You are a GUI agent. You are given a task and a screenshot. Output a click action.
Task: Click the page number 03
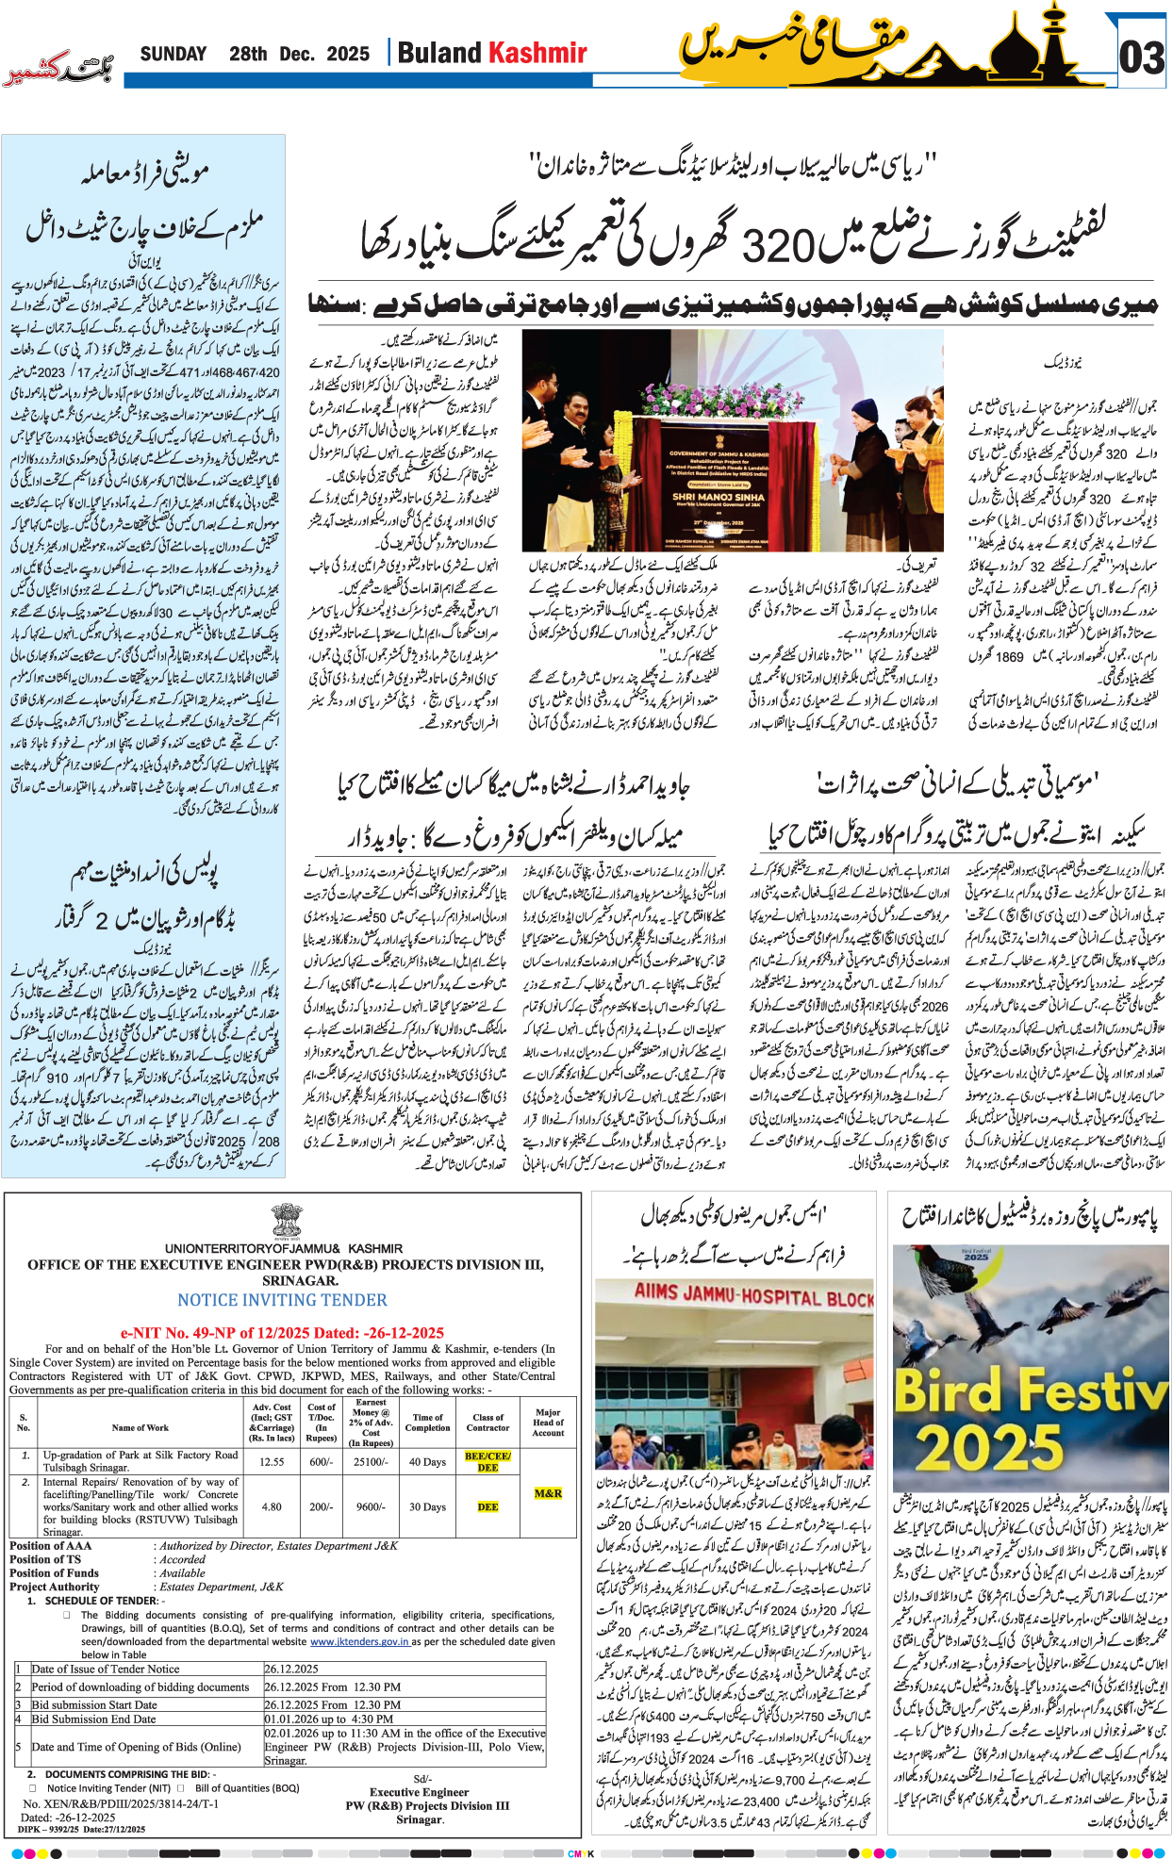tap(1141, 58)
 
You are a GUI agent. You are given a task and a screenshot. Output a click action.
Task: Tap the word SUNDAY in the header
tap(173, 54)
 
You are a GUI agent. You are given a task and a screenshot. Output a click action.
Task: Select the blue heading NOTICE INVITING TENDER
tap(282, 1300)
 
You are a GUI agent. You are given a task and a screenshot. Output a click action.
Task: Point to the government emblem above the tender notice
tap(287, 1222)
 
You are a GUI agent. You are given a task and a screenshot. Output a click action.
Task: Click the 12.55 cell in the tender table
tap(272, 1461)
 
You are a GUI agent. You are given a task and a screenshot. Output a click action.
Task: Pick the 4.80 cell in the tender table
tap(272, 1506)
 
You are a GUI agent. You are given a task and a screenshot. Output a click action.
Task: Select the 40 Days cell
tap(427, 1461)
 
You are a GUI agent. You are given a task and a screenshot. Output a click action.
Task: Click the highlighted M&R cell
tap(548, 1493)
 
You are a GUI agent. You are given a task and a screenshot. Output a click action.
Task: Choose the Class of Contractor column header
tap(488, 1422)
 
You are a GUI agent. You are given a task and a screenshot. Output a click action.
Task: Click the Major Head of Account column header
tap(548, 1422)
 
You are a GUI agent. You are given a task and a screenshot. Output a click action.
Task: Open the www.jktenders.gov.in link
tap(359, 1641)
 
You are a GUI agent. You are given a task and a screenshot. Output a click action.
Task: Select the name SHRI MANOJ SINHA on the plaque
tap(719, 497)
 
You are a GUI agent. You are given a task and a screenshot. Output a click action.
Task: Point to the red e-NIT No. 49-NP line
tap(282, 1333)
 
